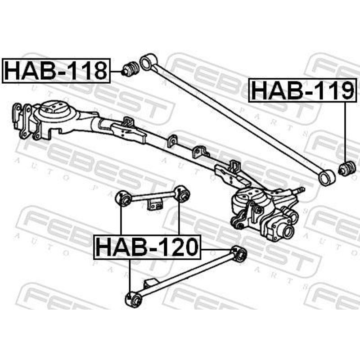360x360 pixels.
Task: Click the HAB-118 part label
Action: pyautogui.click(x=56, y=71)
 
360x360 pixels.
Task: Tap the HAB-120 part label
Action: pyautogui.click(x=147, y=247)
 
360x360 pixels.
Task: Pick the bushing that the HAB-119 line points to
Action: pyautogui.click(x=347, y=169)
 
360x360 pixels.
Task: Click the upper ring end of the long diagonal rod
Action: pyautogui.click(x=148, y=62)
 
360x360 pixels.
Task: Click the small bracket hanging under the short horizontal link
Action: pyautogui.click(x=154, y=204)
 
